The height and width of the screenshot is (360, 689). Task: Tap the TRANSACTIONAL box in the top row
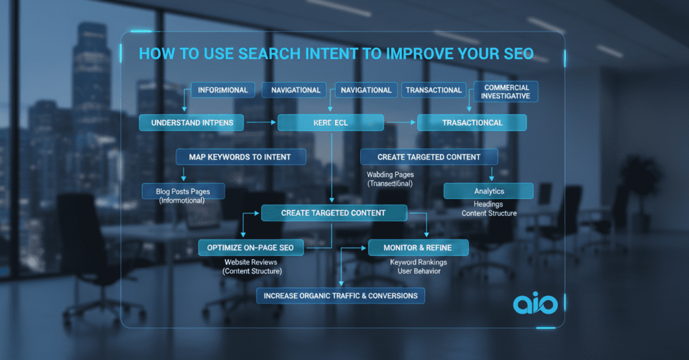tap(434, 90)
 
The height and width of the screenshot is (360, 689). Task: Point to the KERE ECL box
tap(330, 122)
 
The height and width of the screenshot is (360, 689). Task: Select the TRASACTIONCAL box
tap(472, 122)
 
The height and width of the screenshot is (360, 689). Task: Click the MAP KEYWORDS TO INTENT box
tap(241, 157)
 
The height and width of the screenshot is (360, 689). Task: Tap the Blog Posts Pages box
tap(183, 191)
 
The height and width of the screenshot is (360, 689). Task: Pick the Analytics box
tap(488, 191)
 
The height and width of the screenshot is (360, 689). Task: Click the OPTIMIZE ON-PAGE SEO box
tap(250, 248)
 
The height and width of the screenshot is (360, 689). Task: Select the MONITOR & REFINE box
tap(419, 248)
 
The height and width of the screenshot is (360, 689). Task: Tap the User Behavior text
tap(419, 271)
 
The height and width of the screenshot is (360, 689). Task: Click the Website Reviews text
tap(251, 262)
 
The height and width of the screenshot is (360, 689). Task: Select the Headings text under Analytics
tap(488, 205)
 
